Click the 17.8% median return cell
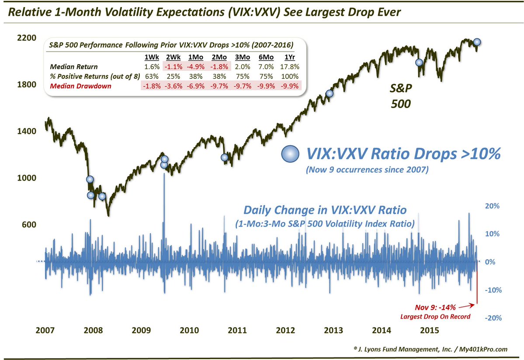coord(291,66)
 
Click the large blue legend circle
coord(292,154)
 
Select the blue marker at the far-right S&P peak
coord(477,42)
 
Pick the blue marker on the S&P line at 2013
coord(330,93)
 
